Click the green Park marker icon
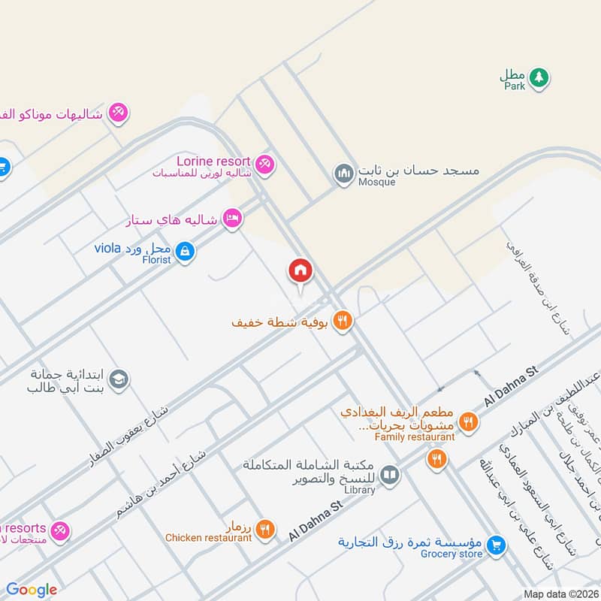pos(538,77)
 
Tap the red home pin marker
pos(300,271)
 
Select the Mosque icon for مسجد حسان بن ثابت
pos(344,174)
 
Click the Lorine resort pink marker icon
pos(264,163)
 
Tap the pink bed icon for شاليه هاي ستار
pos(233,219)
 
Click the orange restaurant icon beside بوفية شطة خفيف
pos(342,322)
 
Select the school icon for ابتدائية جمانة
pos(119,381)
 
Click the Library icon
pos(389,475)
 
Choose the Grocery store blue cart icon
pos(494,546)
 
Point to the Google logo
pos(32,590)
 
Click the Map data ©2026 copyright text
pos(560,594)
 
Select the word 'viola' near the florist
pos(108,247)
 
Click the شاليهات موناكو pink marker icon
pos(117,113)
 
